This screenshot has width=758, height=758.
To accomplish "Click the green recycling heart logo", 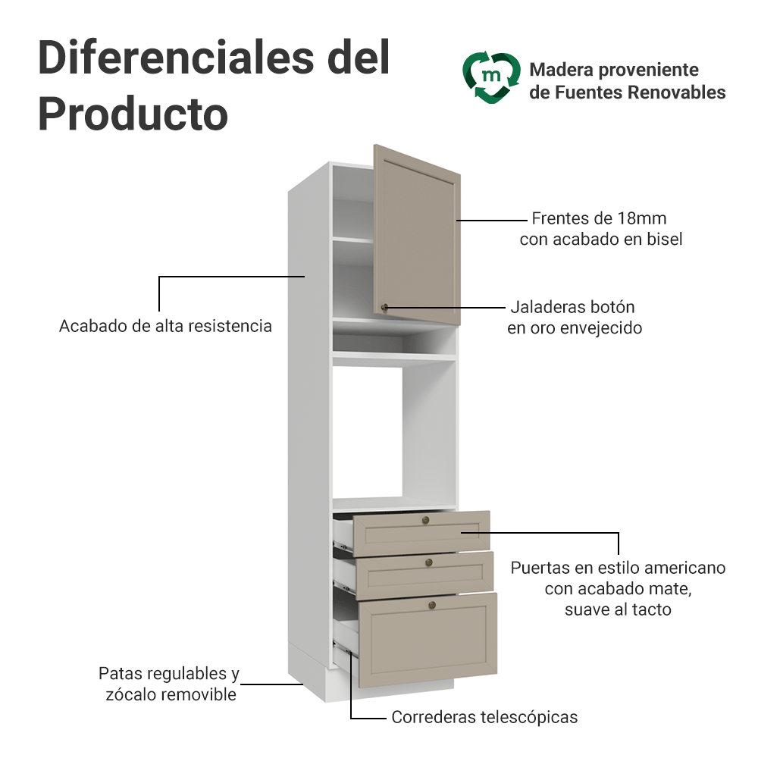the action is pos(491,78).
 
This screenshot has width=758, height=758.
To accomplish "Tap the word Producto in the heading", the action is pos(133,114).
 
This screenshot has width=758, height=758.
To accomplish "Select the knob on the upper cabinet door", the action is pos(385,307).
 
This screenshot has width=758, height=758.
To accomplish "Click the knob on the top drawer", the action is pos(426,520).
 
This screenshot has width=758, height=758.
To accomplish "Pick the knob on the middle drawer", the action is pos(429,562).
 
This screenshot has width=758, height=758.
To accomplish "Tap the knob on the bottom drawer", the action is pos(432,605).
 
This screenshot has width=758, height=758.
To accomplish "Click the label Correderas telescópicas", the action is pos(484,717).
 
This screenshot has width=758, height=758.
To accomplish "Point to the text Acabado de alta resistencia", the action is pos(165,326).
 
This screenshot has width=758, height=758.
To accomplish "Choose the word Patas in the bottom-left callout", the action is pos(119,673).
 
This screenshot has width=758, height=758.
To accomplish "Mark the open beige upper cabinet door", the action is pos(417,235).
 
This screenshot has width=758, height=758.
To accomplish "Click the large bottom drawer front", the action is pos(428,640).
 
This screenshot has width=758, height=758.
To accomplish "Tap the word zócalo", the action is pos(130,694).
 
